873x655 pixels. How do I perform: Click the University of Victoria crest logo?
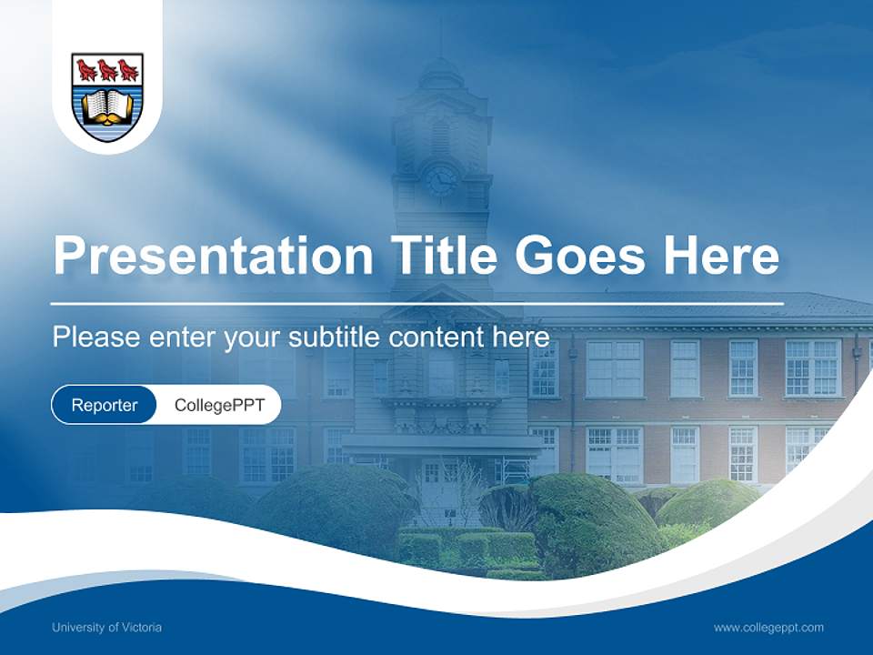[x=107, y=96]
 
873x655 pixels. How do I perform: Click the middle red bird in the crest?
[x=107, y=69]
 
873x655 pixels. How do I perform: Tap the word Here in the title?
[x=721, y=256]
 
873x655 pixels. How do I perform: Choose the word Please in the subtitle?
[x=95, y=338]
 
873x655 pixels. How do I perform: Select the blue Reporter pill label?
[x=104, y=405]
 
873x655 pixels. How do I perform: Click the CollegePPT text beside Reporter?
[x=219, y=405]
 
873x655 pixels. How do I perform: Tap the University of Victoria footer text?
[x=106, y=627]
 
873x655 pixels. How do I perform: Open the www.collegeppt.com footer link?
[x=768, y=627]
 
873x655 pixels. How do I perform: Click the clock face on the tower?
[x=441, y=179]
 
